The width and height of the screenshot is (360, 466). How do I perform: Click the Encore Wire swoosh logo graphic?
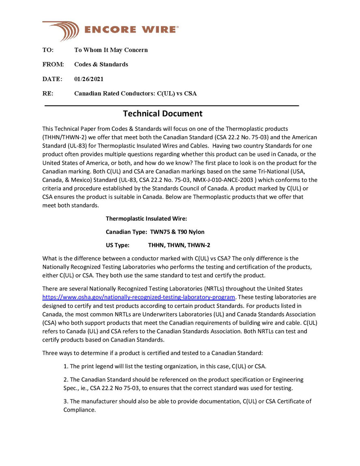pos(61,30)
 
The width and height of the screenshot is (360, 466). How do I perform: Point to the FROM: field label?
pos(53,64)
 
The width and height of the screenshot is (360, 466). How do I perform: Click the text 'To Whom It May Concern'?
pos(111,50)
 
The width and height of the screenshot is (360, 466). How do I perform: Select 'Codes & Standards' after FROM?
pos(101,64)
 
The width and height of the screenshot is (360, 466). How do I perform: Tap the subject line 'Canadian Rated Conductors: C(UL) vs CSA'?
pos(135,94)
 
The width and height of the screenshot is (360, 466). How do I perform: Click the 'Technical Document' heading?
pos(163,113)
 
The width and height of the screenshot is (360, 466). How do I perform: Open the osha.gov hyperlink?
pos(139,297)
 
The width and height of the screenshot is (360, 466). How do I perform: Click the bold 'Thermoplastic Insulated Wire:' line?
pos(146,218)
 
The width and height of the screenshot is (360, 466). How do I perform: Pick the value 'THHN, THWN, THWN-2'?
pos(179,245)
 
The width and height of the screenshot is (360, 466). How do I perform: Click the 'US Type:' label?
pos(118,245)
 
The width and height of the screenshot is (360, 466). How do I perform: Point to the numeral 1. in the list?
pos(66,366)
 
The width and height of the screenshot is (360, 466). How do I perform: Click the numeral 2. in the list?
pos(66,380)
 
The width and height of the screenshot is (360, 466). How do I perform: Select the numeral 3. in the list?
pos(66,401)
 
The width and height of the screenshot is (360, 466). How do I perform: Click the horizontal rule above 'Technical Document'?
pos(171,106)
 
